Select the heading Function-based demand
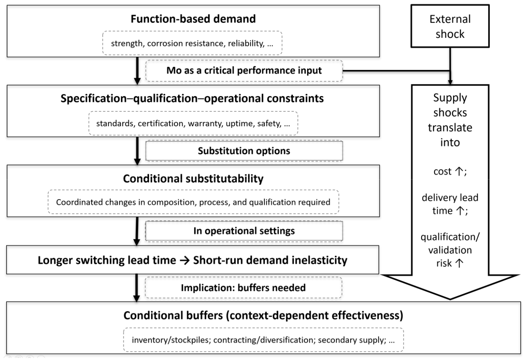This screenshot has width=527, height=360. click(x=193, y=19)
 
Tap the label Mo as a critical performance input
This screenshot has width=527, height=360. click(x=244, y=71)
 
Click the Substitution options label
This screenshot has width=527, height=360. click(x=244, y=151)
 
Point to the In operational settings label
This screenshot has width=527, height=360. click(x=244, y=231)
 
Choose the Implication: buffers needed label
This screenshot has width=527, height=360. click(x=243, y=287)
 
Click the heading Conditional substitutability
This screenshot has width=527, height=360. click(x=193, y=179)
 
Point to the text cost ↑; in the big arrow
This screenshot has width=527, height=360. click(x=450, y=171)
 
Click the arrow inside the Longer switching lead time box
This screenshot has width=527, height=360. click(x=185, y=260)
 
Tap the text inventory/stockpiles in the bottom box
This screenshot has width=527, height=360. click(x=171, y=340)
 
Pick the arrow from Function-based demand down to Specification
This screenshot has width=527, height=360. click(x=137, y=71)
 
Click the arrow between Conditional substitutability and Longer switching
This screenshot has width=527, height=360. click(x=137, y=231)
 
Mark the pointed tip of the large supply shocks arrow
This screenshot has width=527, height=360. click(x=450, y=299)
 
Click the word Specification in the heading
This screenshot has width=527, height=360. click(x=94, y=99)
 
